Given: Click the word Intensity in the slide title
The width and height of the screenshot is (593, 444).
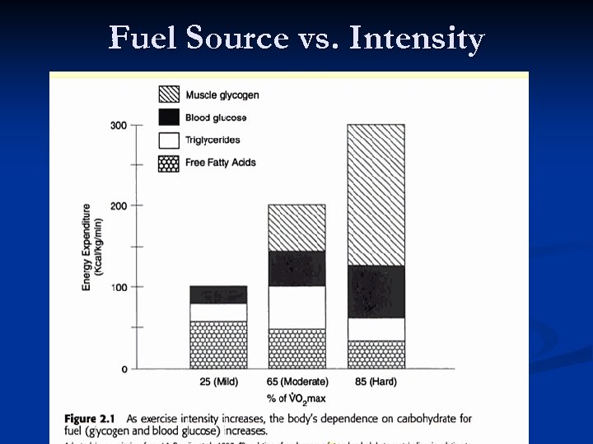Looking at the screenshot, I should coord(417,38).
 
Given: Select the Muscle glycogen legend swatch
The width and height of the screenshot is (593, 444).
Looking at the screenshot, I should coord(169,95).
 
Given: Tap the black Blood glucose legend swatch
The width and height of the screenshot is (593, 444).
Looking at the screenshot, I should coord(169,118).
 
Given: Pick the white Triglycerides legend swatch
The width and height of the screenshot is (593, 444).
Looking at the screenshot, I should coord(169,141).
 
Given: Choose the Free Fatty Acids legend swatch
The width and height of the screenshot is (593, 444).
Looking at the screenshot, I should coord(169,163).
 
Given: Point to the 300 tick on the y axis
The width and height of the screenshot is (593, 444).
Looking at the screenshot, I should coord(118,125).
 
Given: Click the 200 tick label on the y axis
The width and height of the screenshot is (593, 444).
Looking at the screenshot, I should coord(118,205).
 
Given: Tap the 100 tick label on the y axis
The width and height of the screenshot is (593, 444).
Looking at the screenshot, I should coord(118,287).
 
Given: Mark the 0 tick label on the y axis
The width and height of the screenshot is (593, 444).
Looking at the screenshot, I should coord(124,369).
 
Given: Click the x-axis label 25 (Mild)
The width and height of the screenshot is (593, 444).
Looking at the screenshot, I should coord(218,382).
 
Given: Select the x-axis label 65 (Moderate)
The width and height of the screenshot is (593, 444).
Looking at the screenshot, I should coord(297,382).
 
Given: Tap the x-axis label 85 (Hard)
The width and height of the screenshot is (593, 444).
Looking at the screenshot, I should coord(376,382).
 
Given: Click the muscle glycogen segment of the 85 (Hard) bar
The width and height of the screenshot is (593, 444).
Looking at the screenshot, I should coord(376,195).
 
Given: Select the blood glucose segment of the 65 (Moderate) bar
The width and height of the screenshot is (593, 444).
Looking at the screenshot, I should coord(297,268).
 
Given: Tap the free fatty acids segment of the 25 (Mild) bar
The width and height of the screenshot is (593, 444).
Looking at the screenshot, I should coord(218,345).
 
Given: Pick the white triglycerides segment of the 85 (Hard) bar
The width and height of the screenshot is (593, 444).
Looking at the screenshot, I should coord(376,329).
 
